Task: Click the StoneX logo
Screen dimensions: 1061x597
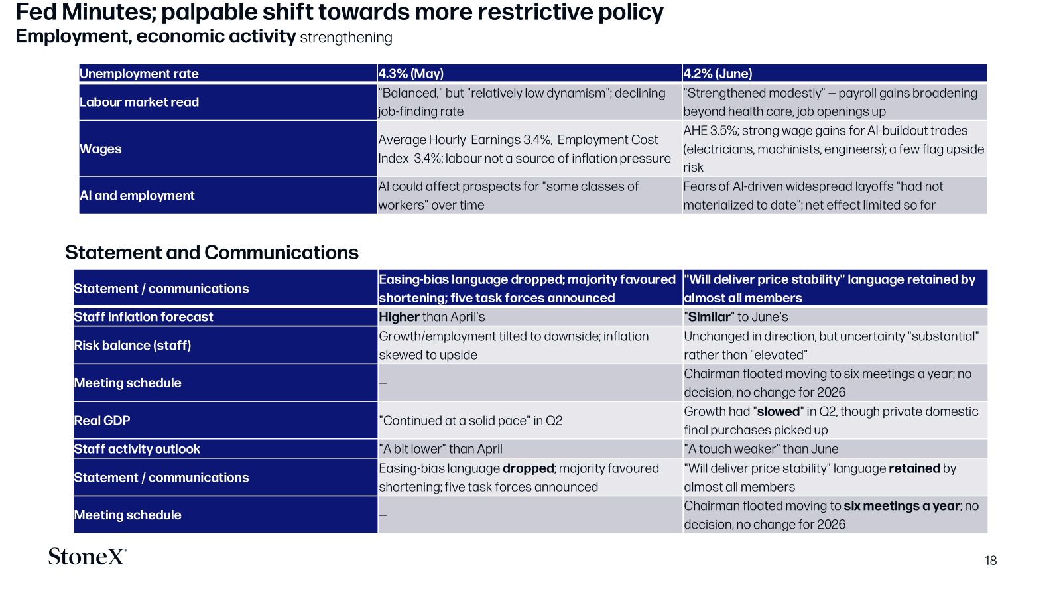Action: pyautogui.click(x=87, y=557)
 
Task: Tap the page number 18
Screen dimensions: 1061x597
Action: pyautogui.click(x=991, y=561)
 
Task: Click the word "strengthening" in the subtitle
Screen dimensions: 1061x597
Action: pyautogui.click(x=345, y=37)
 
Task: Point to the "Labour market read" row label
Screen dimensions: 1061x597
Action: pyautogui.click(x=139, y=102)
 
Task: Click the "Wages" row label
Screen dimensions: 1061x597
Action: pyautogui.click(x=100, y=149)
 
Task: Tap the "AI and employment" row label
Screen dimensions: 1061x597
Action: pyautogui.click(x=137, y=195)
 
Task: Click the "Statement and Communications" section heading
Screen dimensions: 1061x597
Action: pyautogui.click(x=212, y=253)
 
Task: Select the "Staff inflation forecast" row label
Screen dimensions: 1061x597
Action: pyautogui.click(x=143, y=316)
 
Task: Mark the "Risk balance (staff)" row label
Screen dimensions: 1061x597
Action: pyautogui.click(x=132, y=345)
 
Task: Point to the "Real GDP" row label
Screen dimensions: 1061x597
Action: pyautogui.click(x=102, y=421)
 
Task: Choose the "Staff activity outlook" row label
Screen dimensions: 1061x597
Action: pyautogui.click(x=137, y=448)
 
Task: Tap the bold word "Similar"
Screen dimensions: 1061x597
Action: pyautogui.click(x=709, y=316)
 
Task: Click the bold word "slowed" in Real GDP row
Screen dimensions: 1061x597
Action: pyautogui.click(x=779, y=411)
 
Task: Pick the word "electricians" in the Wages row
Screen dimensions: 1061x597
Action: pyautogui.click(x=718, y=149)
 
